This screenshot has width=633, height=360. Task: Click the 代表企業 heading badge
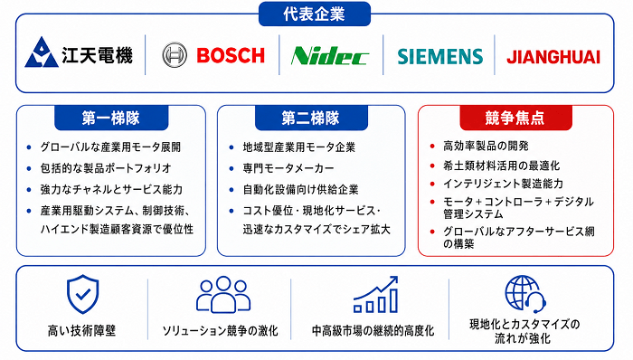point(315,14)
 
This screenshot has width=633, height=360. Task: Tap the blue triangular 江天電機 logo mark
point(42,52)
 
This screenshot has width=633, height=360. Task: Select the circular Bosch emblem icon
point(175,55)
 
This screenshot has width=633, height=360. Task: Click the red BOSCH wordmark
point(231,55)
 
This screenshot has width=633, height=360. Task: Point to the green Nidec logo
point(330,56)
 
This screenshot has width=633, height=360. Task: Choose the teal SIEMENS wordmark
point(440,56)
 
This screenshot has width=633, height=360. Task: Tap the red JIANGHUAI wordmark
point(553,57)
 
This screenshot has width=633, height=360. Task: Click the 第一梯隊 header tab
point(111,118)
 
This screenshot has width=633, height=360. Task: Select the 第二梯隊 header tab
point(311,118)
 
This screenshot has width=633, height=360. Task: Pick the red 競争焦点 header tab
point(515,118)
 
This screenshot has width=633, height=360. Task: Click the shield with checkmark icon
point(83,294)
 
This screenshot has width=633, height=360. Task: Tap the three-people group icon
point(223,295)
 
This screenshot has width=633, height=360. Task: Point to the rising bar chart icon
point(376,295)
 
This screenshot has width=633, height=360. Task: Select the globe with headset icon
point(525,294)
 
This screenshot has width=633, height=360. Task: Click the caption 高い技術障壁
point(82,331)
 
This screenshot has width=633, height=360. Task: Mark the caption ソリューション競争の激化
point(221,331)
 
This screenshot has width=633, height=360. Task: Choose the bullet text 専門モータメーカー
point(288,168)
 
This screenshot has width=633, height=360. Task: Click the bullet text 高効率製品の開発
point(487,146)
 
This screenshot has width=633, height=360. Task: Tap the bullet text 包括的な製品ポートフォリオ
point(106,168)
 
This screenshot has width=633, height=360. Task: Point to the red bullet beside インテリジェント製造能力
point(432,184)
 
